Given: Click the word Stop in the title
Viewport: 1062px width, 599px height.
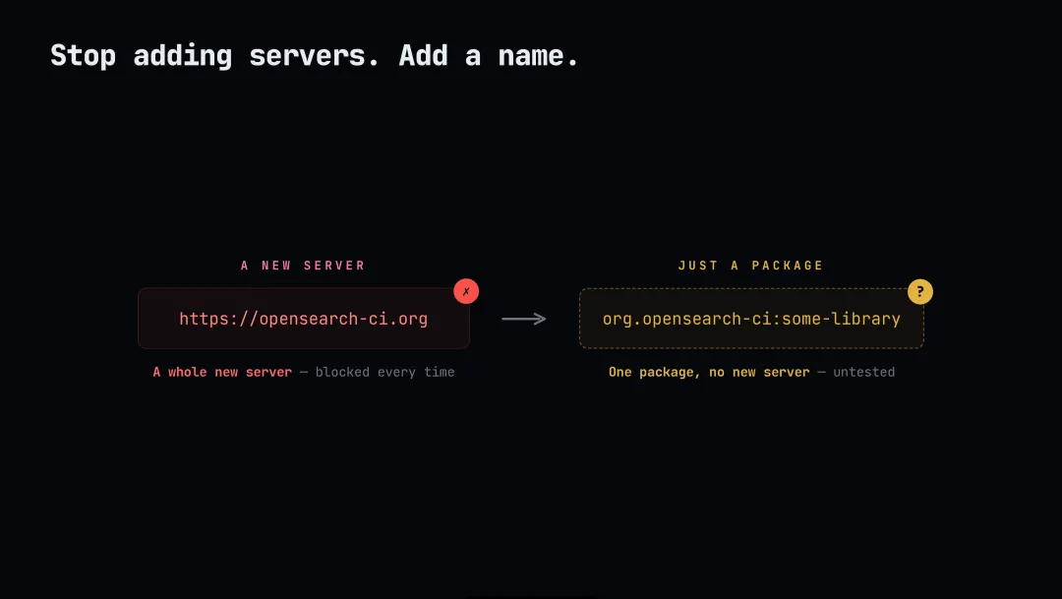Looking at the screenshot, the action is [83, 55].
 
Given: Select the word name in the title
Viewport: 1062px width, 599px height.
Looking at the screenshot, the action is [531, 55].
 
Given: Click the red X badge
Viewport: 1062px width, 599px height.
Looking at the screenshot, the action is [466, 291].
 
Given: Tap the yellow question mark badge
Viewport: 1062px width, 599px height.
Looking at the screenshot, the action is [919, 291].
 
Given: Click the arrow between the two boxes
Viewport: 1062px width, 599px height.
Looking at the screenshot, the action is [523, 319].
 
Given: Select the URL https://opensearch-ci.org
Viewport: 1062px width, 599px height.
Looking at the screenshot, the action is [304, 319].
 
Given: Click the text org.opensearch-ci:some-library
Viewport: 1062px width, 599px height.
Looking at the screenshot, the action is [751, 319].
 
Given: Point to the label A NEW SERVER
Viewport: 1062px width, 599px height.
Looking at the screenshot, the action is [303, 266].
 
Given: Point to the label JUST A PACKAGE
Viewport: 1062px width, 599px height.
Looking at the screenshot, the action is [750, 266].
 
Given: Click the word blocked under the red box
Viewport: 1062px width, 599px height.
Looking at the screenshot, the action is [342, 372].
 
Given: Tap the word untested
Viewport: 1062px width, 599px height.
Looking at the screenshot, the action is [863, 372].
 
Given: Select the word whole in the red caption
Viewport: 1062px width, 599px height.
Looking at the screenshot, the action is [187, 372].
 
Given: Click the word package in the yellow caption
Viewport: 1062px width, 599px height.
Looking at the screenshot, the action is [667, 373].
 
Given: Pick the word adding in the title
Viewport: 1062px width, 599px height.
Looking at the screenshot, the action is [183, 55].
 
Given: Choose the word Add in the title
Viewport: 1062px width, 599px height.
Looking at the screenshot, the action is [423, 55].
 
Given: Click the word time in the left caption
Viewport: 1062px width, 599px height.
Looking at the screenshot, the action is [439, 372].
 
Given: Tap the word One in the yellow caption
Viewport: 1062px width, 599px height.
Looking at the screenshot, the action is [619, 372].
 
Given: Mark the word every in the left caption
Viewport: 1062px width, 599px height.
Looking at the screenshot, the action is [396, 373].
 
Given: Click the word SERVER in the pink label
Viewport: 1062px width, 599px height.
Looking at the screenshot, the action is [334, 266].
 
